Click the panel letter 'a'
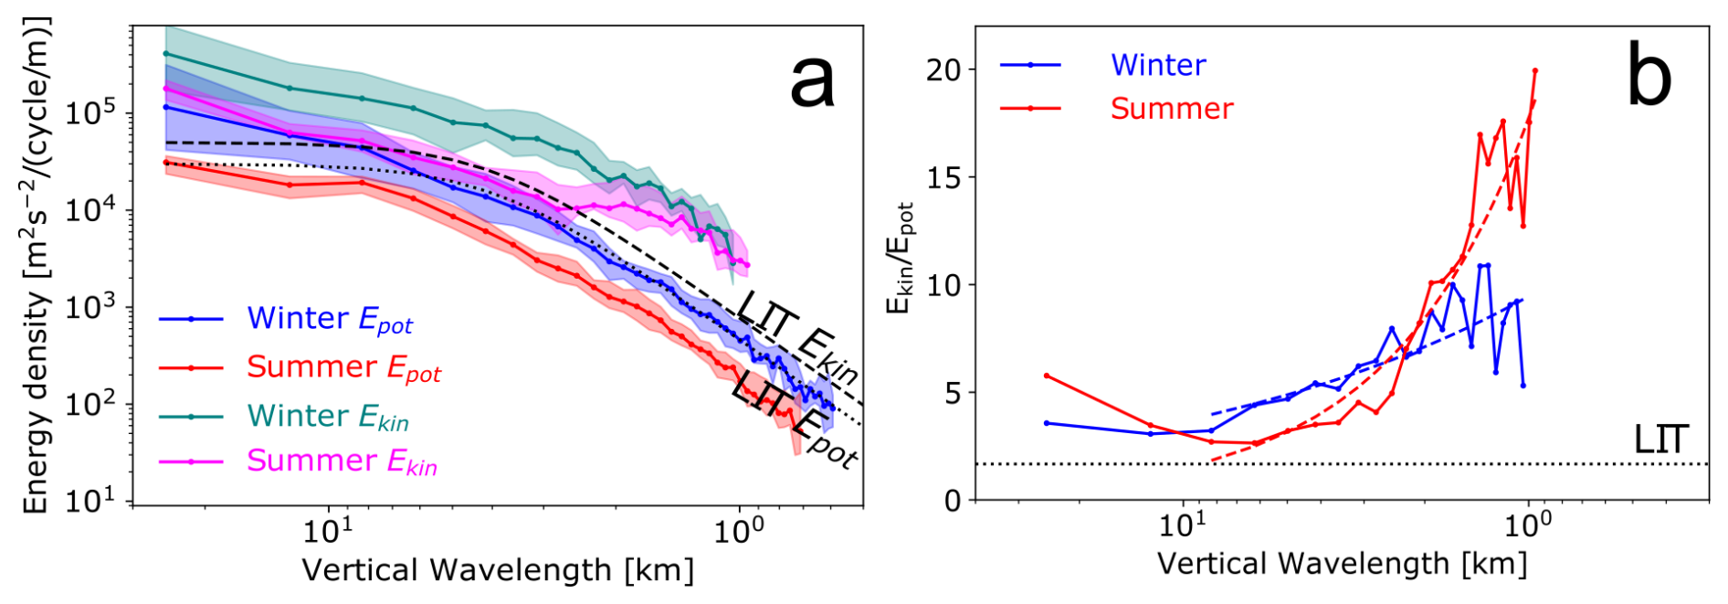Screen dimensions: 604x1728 [812, 80]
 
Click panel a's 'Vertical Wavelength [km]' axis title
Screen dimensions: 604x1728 [498, 570]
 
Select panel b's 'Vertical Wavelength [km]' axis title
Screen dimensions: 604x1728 [1342, 564]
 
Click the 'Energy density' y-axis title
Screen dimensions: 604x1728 [36, 265]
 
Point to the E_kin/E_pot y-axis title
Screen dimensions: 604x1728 [901, 259]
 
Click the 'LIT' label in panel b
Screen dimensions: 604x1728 [1660, 440]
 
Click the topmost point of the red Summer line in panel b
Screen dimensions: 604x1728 [1534, 70]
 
